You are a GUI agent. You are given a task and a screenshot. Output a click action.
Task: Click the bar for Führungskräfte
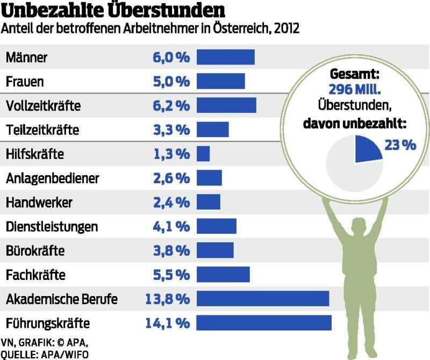click(x=263, y=323)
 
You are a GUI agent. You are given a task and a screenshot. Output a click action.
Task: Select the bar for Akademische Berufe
click(x=262, y=299)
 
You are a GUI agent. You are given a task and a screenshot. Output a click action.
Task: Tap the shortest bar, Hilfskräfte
click(x=203, y=154)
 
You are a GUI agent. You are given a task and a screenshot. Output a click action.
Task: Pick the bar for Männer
click(x=225, y=57)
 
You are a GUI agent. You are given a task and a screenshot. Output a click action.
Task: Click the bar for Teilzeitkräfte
click(x=212, y=130)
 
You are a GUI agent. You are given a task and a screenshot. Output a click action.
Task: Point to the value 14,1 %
click(x=167, y=323)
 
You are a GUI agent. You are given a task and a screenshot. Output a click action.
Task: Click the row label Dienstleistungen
click(x=52, y=227)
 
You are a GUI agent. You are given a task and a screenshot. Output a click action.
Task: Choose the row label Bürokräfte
click(x=35, y=251)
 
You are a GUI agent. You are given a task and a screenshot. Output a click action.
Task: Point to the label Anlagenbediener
click(x=52, y=178)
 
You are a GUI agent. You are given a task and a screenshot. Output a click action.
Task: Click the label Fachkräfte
click(x=35, y=275)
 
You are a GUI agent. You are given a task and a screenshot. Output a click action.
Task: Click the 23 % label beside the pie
click(x=400, y=145)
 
